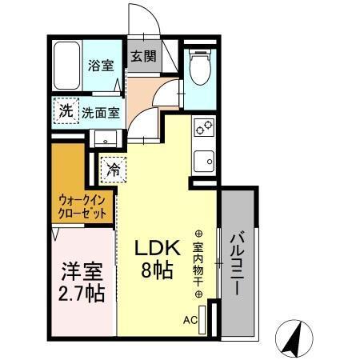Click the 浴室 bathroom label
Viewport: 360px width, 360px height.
click(99, 66)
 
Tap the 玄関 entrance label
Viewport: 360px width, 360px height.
click(144, 58)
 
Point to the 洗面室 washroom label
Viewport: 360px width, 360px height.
click(101, 113)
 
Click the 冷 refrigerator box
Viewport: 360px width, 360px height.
click(114, 170)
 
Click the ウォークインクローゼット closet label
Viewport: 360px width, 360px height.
click(82, 207)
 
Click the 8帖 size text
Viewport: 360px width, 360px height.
click(154, 271)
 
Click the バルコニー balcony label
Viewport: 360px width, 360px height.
click(238, 265)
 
